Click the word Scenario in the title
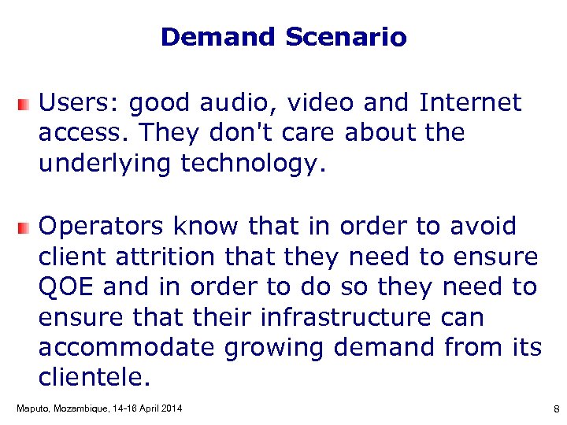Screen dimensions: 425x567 pos(346,37)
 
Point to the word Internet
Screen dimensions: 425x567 pos(470,102)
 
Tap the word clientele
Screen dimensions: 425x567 pos(94,379)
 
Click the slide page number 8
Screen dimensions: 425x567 pos(556,409)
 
